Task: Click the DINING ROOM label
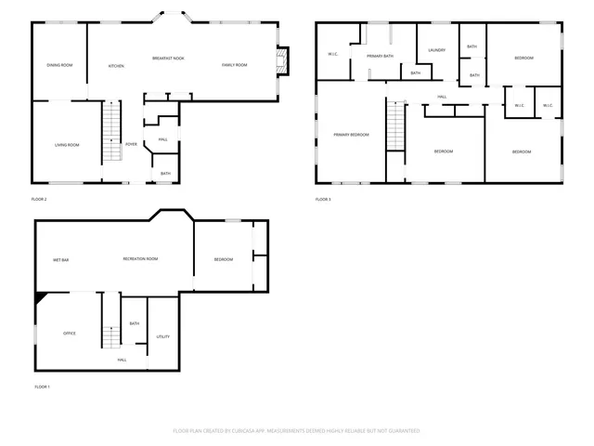[59, 65]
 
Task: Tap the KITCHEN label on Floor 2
[116, 66]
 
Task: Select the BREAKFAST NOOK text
[168, 59]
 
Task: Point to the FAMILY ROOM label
[234, 65]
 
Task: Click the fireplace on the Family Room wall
[284, 60]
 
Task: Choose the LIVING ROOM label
[66, 145]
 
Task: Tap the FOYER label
[131, 144]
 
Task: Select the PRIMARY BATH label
[380, 57]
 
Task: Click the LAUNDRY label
[437, 50]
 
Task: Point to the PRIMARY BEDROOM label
[351, 135]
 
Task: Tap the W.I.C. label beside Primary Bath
[333, 54]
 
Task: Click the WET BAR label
[61, 259]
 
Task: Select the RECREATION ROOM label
[140, 259]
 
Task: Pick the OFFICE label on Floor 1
[69, 333]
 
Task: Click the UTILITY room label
[162, 336]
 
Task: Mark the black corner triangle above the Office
[39, 297]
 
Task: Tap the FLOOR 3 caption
[322, 200]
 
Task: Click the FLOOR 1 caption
[42, 387]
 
